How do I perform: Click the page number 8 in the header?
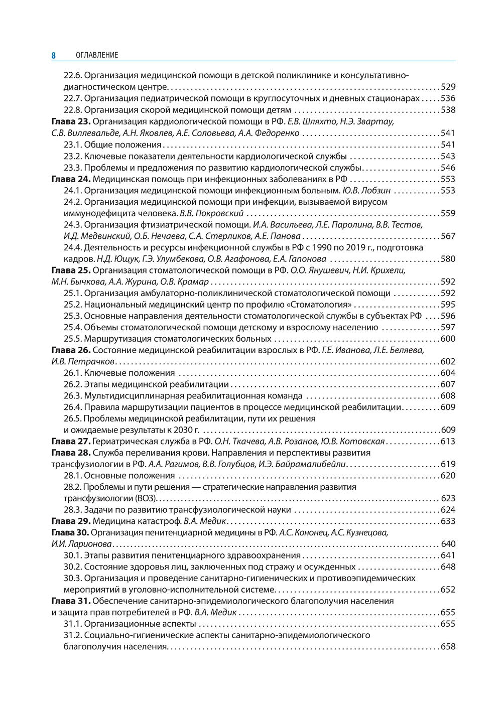pos(53,55)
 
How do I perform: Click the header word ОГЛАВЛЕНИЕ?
pos(97,55)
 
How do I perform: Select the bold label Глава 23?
pos(70,121)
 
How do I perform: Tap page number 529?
pos(447,87)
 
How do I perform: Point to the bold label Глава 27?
pos(70,442)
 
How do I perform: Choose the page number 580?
pos(447,259)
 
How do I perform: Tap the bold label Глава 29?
pos(70,521)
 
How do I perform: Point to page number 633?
pos(447,521)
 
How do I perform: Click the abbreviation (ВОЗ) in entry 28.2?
pos(147,499)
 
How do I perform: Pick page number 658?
pos(447,647)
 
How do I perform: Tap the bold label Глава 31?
pos(70,601)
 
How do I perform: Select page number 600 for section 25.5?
pos(447,339)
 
